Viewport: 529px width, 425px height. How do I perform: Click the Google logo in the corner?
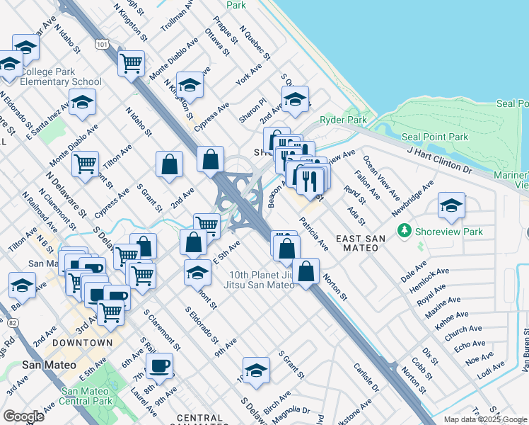[23, 416]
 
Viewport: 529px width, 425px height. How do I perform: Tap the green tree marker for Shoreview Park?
[405, 231]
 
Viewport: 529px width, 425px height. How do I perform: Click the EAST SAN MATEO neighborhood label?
[361, 244]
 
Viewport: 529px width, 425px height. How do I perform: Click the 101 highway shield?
[103, 45]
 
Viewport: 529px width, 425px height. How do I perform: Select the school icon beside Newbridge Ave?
[451, 205]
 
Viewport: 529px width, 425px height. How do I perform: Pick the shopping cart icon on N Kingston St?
[131, 63]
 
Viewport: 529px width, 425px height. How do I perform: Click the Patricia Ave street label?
[313, 234]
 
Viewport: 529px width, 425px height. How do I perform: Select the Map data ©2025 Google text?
[485, 419]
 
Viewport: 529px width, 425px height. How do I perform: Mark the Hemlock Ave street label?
[432, 277]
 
